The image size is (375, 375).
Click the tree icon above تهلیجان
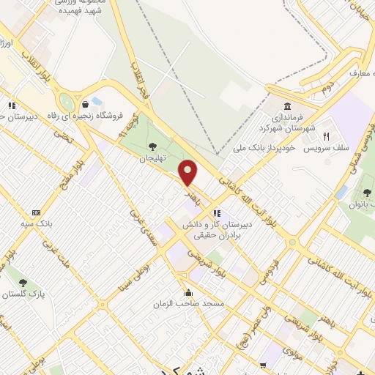[153, 145]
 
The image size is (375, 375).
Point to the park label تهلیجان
[154, 157]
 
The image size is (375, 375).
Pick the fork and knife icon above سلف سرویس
[327, 136]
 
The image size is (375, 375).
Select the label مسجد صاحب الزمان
[187, 303]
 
